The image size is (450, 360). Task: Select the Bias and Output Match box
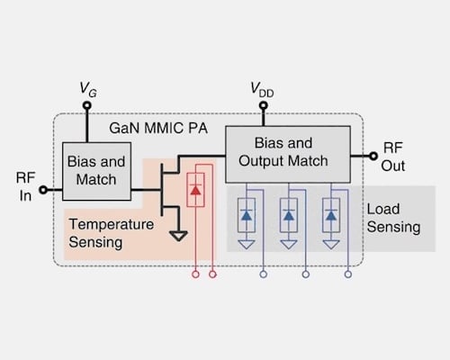(x=287, y=153)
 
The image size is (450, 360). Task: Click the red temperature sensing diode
(x=195, y=192)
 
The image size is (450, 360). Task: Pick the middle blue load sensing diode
(x=289, y=215)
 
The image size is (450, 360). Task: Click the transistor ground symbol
(x=178, y=236)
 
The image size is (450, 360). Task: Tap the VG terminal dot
(x=86, y=104)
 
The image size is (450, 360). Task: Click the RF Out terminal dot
(x=372, y=155)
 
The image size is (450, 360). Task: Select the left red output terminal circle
(x=196, y=274)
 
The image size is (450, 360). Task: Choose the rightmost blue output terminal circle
(x=346, y=274)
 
